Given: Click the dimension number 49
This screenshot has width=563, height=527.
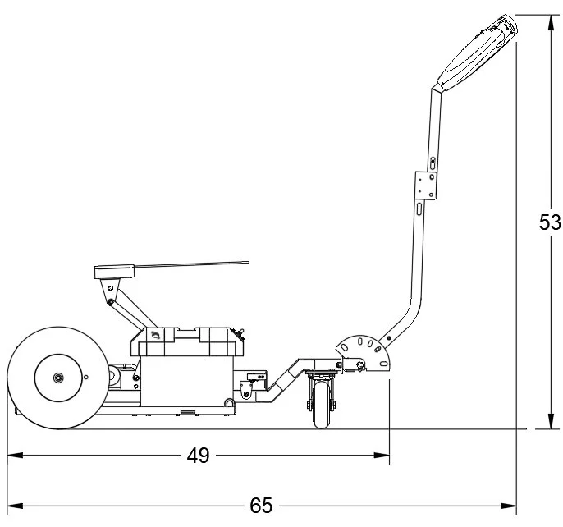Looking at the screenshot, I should point(198,456).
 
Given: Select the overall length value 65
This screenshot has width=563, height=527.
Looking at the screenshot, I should point(261,506).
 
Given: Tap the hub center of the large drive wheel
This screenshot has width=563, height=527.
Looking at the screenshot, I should point(59,377).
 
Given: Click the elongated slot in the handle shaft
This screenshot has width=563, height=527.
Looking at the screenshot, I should point(419,212).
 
